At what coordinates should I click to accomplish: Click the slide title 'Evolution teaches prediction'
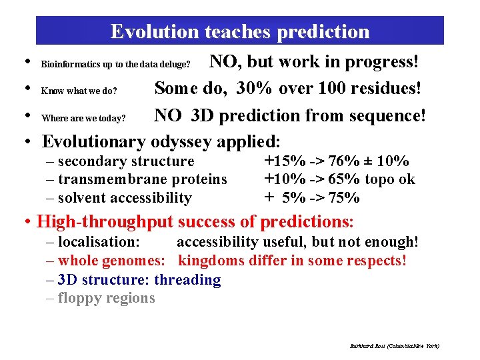(x=239, y=31)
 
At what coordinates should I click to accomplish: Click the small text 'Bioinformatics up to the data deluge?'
(x=116, y=65)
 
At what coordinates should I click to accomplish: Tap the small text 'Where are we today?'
(x=83, y=119)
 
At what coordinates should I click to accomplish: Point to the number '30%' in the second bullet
(x=257, y=88)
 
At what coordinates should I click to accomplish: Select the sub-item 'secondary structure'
(x=126, y=161)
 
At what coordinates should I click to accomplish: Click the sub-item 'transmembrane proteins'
(x=143, y=179)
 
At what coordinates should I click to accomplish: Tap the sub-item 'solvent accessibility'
(x=125, y=197)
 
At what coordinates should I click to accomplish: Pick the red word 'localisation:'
(x=99, y=242)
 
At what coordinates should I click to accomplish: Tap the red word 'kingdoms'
(x=211, y=261)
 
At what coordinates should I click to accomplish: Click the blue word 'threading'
(x=190, y=279)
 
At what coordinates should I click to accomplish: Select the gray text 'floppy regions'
(x=106, y=298)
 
